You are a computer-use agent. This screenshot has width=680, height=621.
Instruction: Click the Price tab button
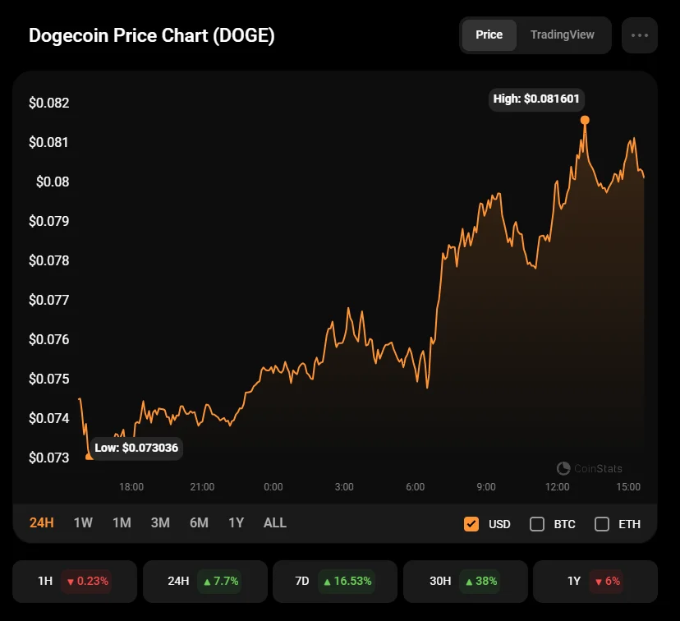tap(489, 35)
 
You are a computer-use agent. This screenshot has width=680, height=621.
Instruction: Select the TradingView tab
tap(562, 35)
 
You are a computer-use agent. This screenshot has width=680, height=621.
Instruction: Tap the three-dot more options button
tap(640, 35)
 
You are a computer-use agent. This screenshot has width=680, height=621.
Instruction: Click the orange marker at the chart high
tap(585, 120)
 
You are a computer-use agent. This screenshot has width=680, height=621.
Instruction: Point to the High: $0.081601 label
tap(536, 99)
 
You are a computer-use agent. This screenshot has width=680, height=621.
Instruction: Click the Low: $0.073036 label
tap(136, 448)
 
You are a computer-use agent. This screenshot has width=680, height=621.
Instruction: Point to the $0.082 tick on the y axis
tap(49, 103)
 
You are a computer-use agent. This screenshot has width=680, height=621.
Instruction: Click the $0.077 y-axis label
tap(49, 300)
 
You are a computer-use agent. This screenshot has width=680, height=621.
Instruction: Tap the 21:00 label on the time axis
tap(202, 487)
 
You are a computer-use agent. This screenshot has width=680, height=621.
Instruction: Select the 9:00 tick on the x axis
tap(486, 487)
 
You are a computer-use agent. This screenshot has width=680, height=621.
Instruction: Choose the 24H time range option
tap(42, 523)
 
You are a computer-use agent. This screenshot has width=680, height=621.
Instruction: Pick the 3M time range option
tap(160, 523)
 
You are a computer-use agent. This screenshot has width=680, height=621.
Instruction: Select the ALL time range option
tap(275, 523)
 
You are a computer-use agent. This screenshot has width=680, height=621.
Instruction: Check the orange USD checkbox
tap(471, 524)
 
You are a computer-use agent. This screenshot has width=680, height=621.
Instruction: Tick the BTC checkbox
tap(537, 524)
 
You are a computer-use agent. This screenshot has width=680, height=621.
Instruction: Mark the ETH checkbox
tap(602, 524)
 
